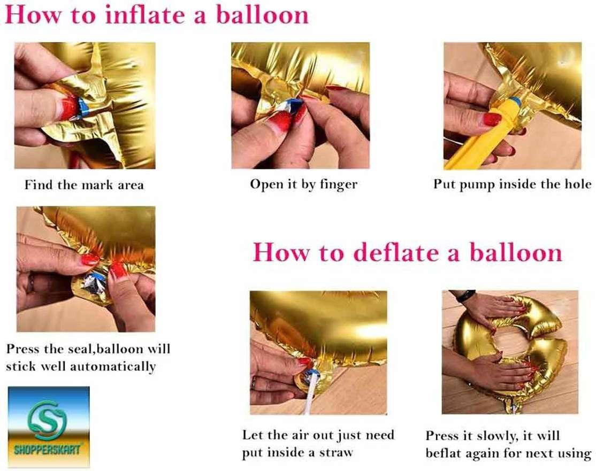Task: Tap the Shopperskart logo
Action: (x=49, y=427)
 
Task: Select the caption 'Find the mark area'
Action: (x=84, y=185)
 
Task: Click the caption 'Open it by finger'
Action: (x=304, y=184)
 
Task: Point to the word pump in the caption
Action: (x=477, y=186)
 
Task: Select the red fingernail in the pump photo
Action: (x=492, y=119)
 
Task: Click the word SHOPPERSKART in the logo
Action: (x=48, y=450)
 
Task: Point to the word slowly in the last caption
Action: (x=498, y=436)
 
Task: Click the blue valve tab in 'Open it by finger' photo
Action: (x=293, y=103)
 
